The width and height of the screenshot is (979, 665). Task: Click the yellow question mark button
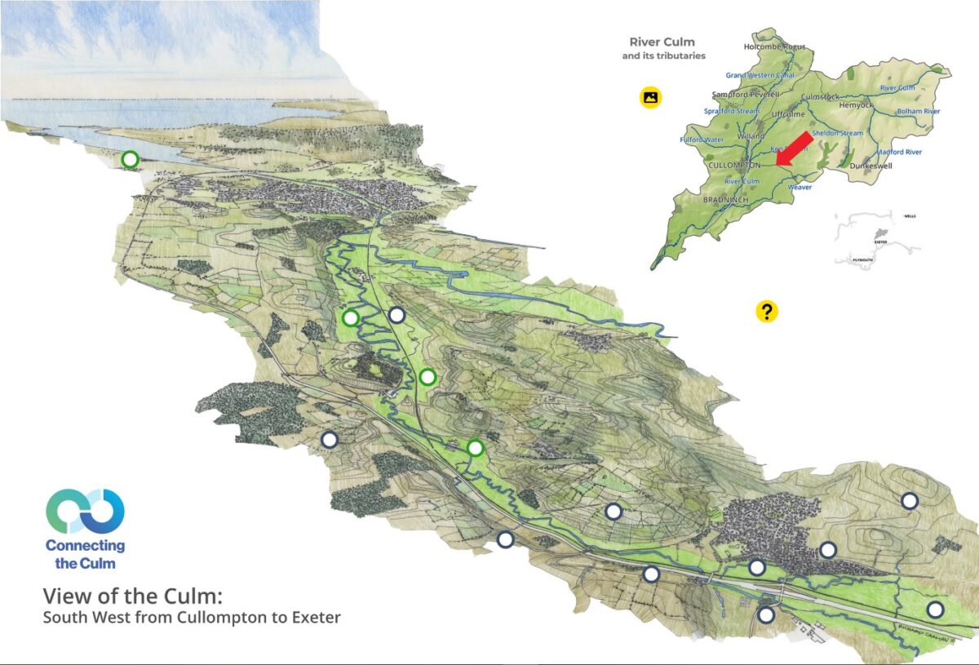(x=767, y=311)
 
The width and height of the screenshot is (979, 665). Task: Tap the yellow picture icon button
(x=650, y=97)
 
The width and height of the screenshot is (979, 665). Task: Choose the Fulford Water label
(x=702, y=140)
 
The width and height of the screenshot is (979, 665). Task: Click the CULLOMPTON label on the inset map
(x=734, y=165)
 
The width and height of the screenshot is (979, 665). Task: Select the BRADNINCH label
(x=729, y=199)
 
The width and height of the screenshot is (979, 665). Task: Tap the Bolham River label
(x=919, y=111)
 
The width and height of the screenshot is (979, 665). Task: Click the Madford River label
(x=899, y=152)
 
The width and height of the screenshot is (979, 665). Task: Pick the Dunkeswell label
(x=871, y=166)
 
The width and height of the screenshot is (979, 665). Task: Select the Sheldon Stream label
(x=837, y=133)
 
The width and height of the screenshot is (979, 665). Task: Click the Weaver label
(x=800, y=187)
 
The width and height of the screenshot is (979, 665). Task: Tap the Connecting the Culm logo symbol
(x=85, y=512)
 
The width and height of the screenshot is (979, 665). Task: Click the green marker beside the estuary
(x=130, y=159)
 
